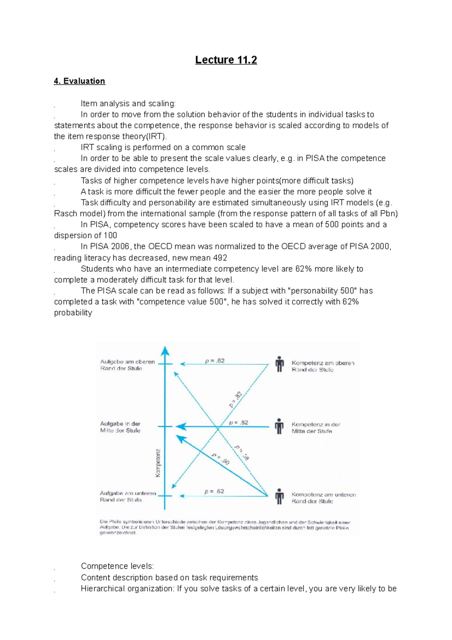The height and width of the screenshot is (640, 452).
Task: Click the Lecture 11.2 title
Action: point(226,60)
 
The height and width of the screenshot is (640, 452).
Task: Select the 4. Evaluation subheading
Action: point(79,81)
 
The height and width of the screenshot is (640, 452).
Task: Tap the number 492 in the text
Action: point(220,258)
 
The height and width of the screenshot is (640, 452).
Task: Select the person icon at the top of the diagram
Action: point(279,364)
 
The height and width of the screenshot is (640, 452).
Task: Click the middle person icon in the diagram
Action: point(279,426)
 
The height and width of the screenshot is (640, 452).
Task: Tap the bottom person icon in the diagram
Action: point(279,496)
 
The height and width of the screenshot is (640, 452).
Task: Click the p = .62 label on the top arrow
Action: point(215,361)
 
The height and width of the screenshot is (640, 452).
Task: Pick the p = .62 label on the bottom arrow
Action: point(214,491)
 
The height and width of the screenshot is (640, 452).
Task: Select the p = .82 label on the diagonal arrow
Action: point(235,400)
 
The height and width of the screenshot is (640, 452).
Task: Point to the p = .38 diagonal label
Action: point(242,452)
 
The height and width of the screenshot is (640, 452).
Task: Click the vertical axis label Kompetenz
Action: point(158,462)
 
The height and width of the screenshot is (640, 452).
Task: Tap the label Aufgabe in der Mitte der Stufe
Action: point(120,427)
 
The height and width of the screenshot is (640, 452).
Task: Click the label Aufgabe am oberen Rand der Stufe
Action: point(127,365)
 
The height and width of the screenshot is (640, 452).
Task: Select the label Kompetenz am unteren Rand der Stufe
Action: point(323,498)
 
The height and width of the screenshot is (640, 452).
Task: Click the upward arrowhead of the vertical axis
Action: point(165,351)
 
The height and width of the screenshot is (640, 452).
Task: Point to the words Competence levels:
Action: point(117,566)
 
